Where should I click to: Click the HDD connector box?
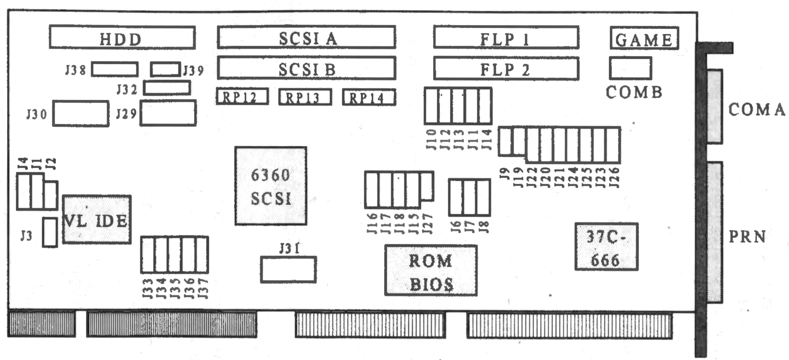[x=122, y=37]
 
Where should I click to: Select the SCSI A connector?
[x=306, y=37]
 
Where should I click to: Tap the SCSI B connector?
[x=306, y=68]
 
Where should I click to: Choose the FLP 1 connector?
[x=506, y=37]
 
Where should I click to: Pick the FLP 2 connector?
[x=506, y=69]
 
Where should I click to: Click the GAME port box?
[x=644, y=38]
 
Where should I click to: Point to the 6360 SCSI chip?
[x=271, y=186]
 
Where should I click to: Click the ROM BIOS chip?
[x=431, y=270]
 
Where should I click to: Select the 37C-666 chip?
[x=606, y=247]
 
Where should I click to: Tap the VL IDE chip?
[x=97, y=220]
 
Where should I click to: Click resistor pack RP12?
[x=242, y=97]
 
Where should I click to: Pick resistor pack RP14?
[x=369, y=97]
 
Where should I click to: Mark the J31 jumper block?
[x=288, y=270]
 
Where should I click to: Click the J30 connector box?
[x=80, y=113]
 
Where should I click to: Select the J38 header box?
[x=115, y=69]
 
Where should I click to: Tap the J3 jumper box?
[x=50, y=232]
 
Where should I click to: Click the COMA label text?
[x=757, y=110]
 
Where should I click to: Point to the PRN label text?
[x=747, y=237]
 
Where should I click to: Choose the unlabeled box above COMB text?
[x=630, y=68]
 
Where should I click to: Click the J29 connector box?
[x=168, y=113]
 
